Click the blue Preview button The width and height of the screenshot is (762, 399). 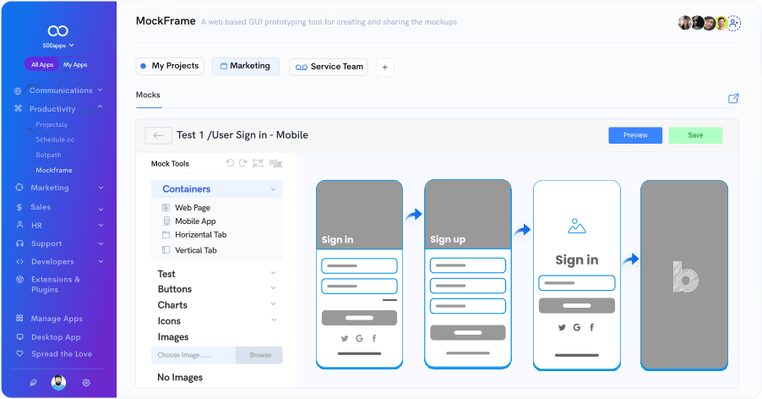635,135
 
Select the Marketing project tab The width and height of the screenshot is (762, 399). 246,66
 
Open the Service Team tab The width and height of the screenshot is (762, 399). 329,67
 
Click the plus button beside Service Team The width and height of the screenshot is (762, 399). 385,68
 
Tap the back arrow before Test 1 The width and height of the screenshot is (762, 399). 158,135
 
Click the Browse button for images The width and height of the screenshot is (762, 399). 259,355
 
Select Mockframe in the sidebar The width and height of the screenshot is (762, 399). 54,170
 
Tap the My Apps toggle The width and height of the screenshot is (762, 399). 75,64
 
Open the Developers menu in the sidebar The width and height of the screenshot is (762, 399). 52,261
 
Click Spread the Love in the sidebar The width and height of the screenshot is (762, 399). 61,354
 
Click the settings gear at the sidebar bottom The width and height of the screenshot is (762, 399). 86,383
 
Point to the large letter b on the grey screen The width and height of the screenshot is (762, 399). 685,277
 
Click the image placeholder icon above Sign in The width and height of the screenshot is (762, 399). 577,226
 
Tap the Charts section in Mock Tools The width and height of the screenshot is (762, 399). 172,305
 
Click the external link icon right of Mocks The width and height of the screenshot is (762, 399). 733,98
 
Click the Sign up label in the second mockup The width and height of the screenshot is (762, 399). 448,239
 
